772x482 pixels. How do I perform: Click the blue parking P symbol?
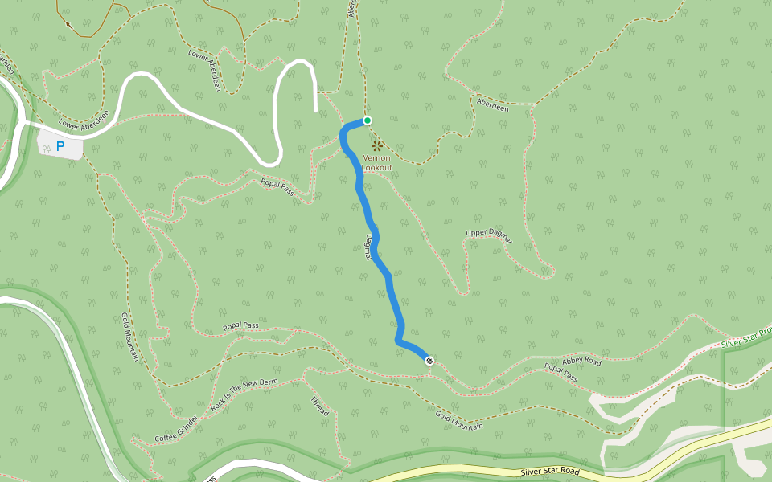click(x=60, y=147)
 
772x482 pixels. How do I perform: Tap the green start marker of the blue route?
click(x=368, y=120)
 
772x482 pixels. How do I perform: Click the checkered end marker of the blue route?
click(x=429, y=361)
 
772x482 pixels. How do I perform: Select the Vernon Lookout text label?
click(x=376, y=163)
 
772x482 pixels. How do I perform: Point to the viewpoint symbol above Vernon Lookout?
click(x=376, y=145)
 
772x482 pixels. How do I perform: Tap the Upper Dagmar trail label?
click(x=488, y=234)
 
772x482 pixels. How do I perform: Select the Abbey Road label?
click(x=581, y=361)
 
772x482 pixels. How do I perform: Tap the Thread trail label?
click(x=319, y=406)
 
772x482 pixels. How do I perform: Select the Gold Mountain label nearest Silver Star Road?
click(x=459, y=420)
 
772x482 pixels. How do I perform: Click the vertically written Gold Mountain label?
click(x=131, y=337)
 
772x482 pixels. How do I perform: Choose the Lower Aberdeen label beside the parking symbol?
click(x=83, y=121)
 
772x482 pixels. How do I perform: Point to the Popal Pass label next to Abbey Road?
click(x=561, y=372)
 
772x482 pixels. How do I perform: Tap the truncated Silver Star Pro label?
click(x=745, y=338)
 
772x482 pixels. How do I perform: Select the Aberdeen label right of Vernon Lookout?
click(x=492, y=105)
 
